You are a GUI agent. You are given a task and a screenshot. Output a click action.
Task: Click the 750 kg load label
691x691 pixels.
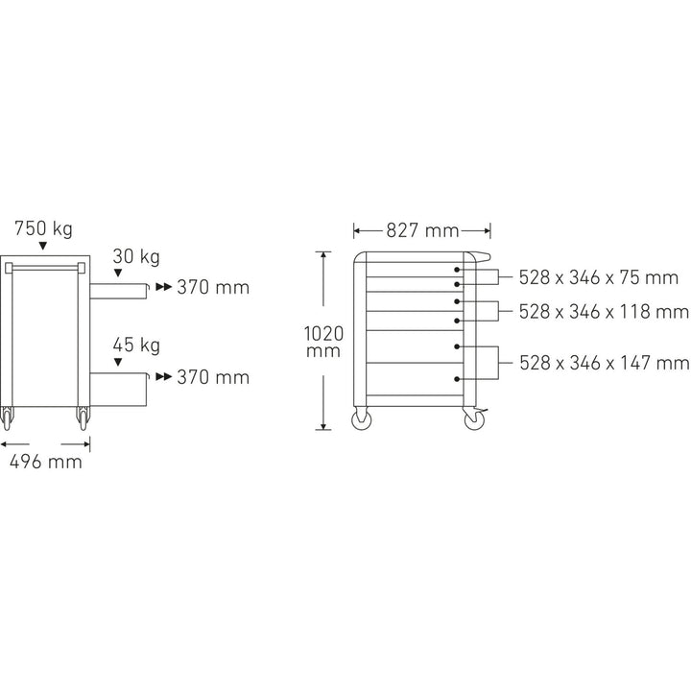point(43,229)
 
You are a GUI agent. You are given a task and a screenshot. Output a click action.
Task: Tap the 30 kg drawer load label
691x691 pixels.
point(135,256)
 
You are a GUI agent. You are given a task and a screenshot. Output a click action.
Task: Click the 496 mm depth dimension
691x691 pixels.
point(45,462)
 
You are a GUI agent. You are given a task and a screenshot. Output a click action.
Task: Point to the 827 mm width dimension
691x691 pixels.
point(422,230)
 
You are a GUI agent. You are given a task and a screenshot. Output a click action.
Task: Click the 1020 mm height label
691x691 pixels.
point(323,341)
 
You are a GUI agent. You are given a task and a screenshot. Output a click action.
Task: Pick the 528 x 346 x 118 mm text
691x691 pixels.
point(604,312)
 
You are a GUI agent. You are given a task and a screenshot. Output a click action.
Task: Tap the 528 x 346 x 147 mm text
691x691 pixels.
point(604,362)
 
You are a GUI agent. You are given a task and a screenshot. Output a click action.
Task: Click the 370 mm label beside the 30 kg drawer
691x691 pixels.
point(213,287)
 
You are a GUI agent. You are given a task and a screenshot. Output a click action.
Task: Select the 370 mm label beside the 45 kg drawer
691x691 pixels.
point(213,377)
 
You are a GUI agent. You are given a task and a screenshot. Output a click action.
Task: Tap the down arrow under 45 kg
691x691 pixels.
point(118,362)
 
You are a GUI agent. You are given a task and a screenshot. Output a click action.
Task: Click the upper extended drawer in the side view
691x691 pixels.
point(119,287)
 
